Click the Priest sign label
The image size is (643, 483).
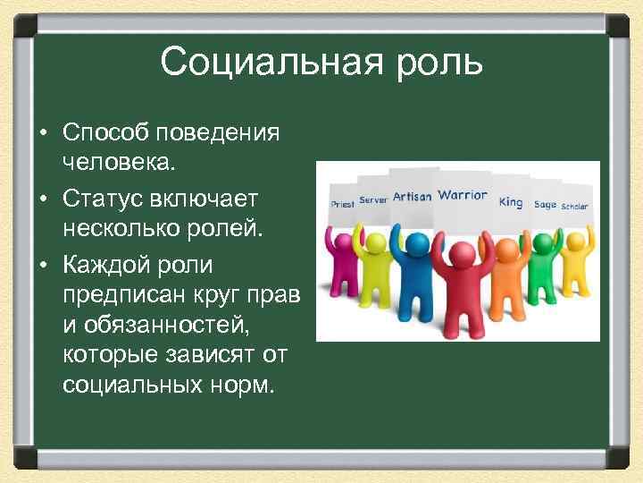(342, 204)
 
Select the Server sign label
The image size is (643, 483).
(373, 200)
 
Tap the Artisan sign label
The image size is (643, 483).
(412, 196)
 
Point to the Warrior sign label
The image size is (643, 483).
(463, 195)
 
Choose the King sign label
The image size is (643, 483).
(511, 202)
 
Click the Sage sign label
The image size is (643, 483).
(545, 205)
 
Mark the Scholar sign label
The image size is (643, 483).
(574, 206)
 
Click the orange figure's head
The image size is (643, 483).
(507, 244)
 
